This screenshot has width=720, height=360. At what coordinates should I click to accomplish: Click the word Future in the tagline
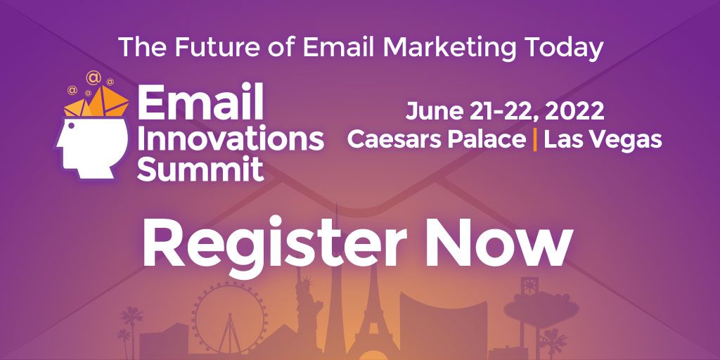pos(207,47)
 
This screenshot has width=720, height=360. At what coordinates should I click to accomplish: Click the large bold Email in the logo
pos(200,104)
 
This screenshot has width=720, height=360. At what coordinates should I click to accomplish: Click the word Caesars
pos(399,139)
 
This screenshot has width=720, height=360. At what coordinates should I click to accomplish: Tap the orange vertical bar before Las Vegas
pos(536,139)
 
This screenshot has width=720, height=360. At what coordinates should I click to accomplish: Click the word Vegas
pos(628,139)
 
